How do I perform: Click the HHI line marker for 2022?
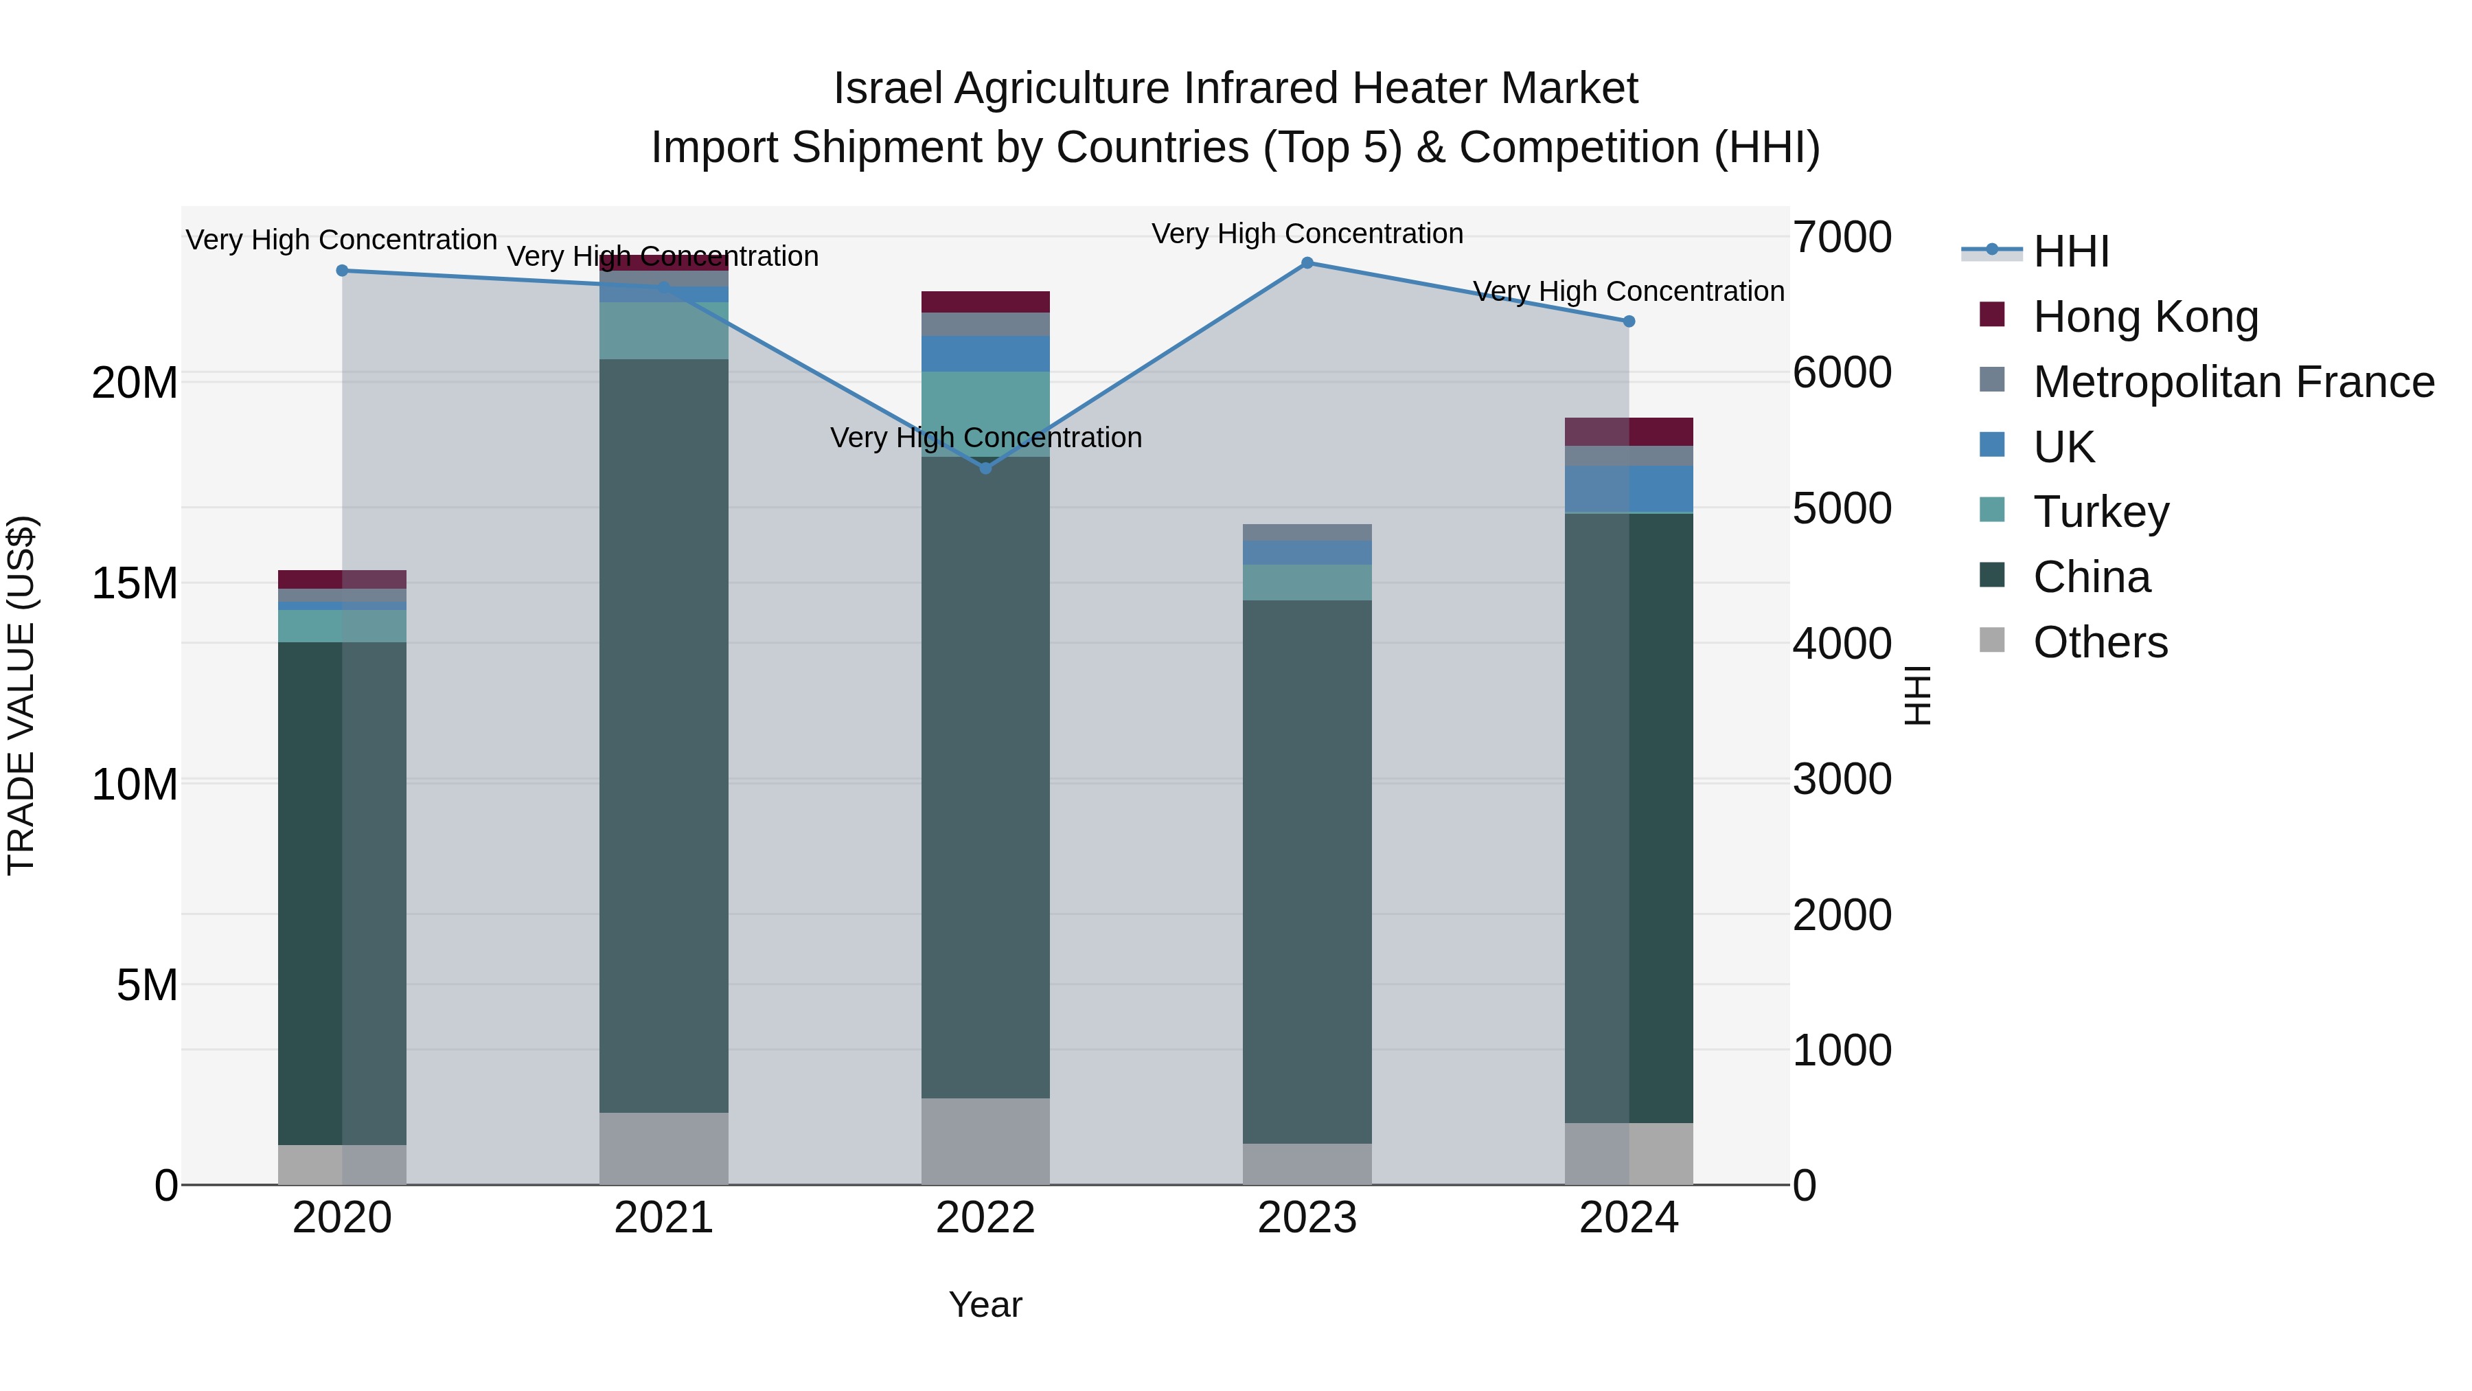click(x=985, y=468)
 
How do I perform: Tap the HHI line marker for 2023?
click(x=1307, y=263)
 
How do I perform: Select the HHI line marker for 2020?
click(x=343, y=271)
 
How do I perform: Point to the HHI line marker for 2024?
click(x=1629, y=321)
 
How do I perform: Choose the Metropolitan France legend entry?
click(x=2233, y=382)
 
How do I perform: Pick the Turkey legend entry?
click(x=2101, y=512)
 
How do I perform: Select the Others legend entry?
click(x=2100, y=642)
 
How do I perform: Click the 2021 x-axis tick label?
click(x=663, y=1218)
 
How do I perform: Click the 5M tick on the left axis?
click(x=147, y=985)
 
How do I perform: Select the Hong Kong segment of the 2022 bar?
click(x=985, y=302)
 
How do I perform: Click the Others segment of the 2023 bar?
click(x=1307, y=1164)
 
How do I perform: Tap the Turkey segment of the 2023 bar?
click(x=1307, y=582)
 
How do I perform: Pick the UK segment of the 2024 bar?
click(x=1629, y=490)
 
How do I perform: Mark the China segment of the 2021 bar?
click(x=663, y=735)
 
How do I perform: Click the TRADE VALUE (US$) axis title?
click(x=22, y=695)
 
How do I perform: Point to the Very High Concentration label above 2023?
click(x=1307, y=234)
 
